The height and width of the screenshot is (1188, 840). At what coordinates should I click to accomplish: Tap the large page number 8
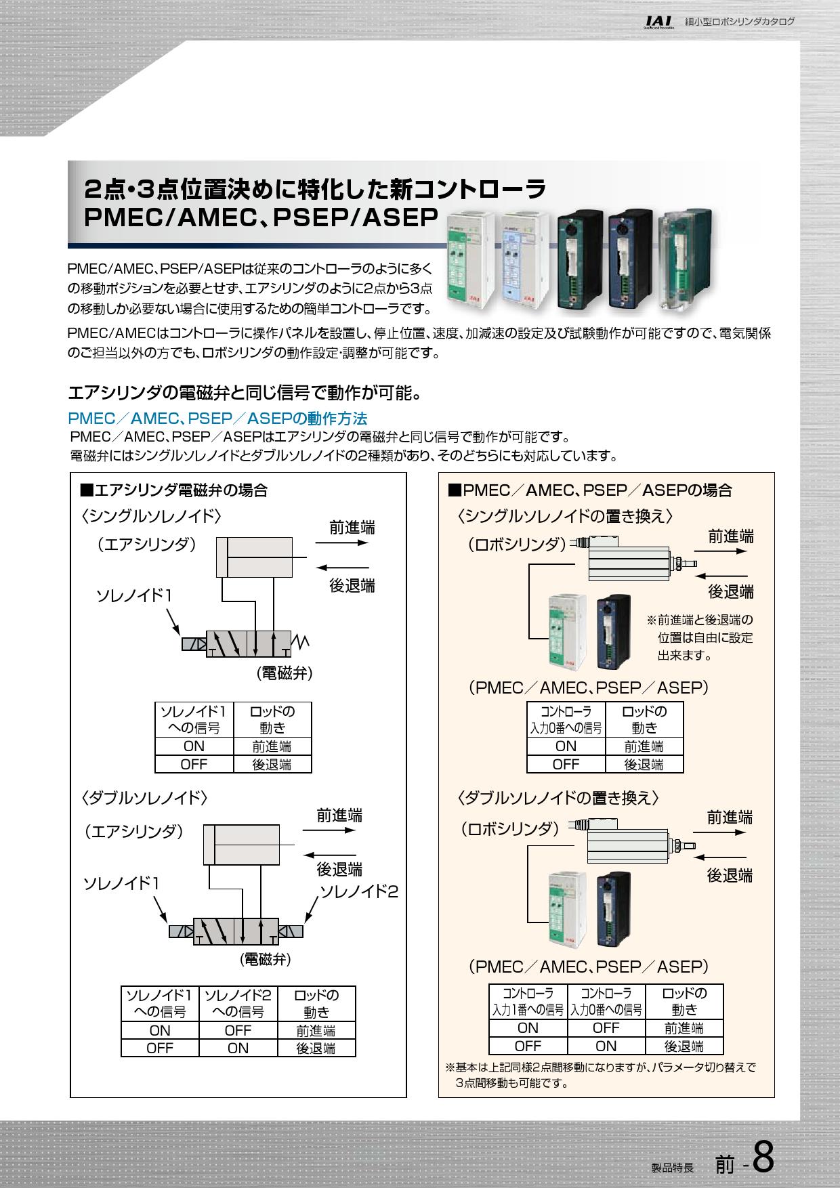[763, 1159]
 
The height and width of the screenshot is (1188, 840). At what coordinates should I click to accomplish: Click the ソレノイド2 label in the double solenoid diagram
[358, 891]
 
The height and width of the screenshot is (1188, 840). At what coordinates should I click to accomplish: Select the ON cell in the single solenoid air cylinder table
[194, 746]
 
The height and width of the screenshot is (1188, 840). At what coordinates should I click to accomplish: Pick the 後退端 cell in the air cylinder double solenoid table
[316, 1048]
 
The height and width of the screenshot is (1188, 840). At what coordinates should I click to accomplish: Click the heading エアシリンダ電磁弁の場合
[174, 490]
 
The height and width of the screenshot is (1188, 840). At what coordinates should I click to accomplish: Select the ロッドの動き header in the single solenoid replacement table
[644, 719]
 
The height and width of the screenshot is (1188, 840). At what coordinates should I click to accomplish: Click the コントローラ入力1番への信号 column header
[528, 1002]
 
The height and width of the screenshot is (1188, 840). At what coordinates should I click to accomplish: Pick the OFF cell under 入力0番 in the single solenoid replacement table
[566, 764]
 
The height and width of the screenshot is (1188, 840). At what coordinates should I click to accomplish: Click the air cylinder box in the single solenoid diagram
[254, 557]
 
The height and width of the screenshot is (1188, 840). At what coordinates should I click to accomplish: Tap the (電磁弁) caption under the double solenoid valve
[266, 958]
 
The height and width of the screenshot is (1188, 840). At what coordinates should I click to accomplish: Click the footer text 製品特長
[672, 1168]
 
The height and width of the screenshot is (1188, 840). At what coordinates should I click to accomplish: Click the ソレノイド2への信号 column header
[238, 1003]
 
